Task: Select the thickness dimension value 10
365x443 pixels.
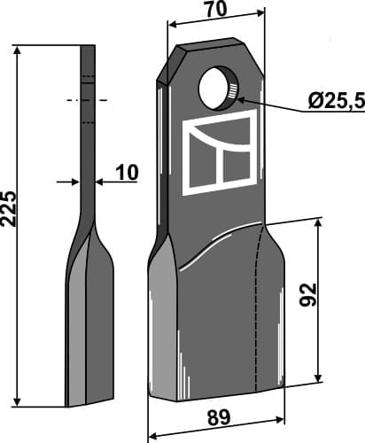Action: point(127,172)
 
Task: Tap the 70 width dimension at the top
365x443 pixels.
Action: point(215,11)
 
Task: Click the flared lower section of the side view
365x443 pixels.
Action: point(89,319)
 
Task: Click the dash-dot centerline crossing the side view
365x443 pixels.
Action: point(86,100)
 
